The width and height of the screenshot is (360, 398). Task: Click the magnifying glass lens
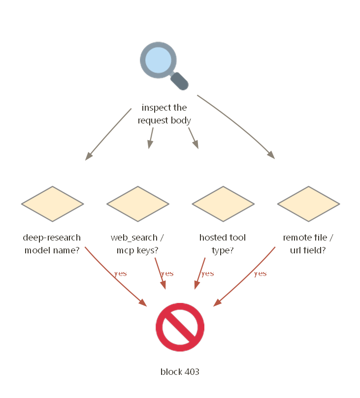(158, 60)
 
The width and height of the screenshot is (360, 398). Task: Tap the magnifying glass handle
(179, 81)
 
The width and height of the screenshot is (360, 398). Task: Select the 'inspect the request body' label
(164, 114)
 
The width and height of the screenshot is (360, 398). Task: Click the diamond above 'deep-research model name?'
(53, 204)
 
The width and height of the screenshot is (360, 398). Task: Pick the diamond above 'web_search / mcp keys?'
(138, 204)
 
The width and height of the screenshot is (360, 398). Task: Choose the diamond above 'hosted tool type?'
(223, 204)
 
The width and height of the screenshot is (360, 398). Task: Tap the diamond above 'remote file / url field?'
(309, 204)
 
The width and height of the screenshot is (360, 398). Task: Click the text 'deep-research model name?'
(52, 244)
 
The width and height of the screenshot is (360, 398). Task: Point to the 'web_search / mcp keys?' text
(137, 244)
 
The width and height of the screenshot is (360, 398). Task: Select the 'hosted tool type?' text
(223, 244)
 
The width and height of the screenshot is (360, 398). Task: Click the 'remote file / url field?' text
(308, 244)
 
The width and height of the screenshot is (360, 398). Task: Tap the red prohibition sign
(180, 327)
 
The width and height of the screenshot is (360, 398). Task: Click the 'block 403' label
(180, 372)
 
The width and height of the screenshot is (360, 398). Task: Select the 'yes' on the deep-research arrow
(121, 274)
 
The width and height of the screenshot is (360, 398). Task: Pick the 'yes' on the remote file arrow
(261, 274)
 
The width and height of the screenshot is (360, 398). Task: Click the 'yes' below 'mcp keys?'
(167, 274)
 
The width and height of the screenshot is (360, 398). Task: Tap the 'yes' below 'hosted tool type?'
(207, 274)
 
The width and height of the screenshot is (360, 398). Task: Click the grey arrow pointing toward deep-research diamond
(108, 134)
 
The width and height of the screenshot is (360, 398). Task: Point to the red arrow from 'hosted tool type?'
(199, 274)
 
